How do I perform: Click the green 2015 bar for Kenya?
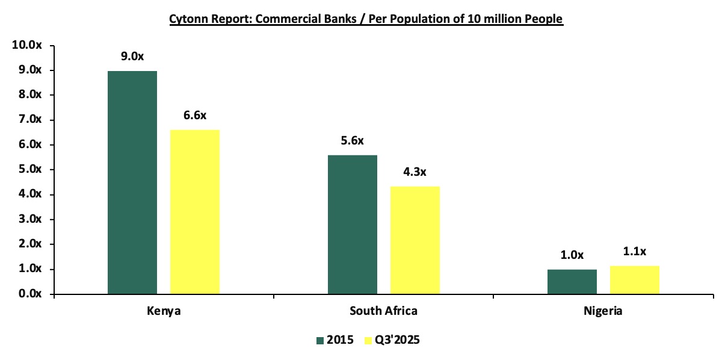point(132,182)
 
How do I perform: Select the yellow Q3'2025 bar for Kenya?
point(195,212)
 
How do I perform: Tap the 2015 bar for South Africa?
point(353,225)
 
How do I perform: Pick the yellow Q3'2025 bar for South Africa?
point(415,240)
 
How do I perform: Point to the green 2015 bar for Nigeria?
point(572,282)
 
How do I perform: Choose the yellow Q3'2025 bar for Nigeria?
point(634,280)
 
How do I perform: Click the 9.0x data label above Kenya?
point(132,57)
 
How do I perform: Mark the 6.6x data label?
point(195,115)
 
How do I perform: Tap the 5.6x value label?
point(353,141)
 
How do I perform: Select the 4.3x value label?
point(415,172)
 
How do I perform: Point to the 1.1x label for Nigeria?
point(634,252)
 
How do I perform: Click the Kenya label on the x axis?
point(164,311)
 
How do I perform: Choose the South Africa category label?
point(383,311)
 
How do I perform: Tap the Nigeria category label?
point(603,311)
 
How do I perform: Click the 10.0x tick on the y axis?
point(26,45)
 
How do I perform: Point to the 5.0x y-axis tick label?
point(29,170)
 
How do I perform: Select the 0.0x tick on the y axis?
point(29,294)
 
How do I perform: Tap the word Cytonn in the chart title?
point(187,19)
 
